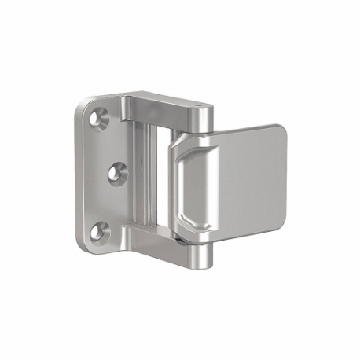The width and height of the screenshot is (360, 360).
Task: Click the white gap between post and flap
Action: click(160, 173)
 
